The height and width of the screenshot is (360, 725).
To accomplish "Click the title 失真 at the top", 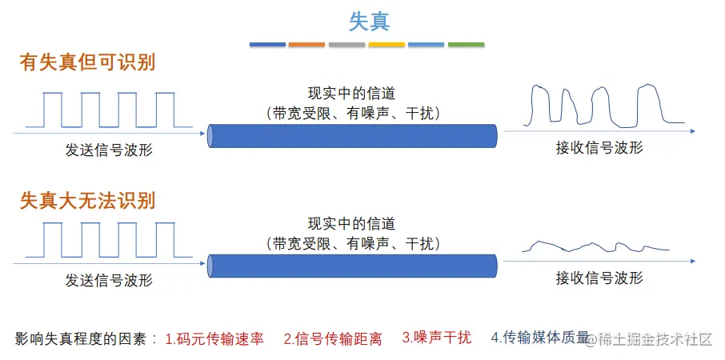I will pyautogui.click(x=369, y=21).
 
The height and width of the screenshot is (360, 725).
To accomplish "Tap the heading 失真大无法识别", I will pyautogui.click(x=88, y=200).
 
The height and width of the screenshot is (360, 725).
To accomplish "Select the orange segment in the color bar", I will pyautogui.click(x=306, y=44).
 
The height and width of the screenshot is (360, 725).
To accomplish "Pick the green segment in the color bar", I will pyautogui.click(x=466, y=44).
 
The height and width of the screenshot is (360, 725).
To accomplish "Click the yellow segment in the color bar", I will pyautogui.click(x=387, y=44).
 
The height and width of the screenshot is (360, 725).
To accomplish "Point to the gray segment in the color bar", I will pyautogui.click(x=346, y=44).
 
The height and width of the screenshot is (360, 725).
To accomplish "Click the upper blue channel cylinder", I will pyautogui.click(x=352, y=136).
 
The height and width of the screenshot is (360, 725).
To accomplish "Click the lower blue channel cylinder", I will pyautogui.click(x=352, y=266).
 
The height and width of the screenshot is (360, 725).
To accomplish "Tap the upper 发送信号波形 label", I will pyautogui.click(x=109, y=150).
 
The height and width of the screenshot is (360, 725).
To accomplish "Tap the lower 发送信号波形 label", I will pyautogui.click(x=109, y=280).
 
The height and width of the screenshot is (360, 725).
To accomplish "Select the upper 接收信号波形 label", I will pyautogui.click(x=599, y=148).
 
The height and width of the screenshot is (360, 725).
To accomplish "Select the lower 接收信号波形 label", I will pyautogui.click(x=599, y=278).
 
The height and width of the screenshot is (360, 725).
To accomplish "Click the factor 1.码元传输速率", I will pyautogui.click(x=214, y=338).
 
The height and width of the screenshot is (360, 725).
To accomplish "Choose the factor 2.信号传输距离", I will pyautogui.click(x=333, y=338).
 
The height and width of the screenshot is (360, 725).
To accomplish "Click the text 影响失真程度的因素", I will pyautogui.click(x=86, y=338).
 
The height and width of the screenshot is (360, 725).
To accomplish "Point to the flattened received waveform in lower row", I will pyautogui.click(x=596, y=246).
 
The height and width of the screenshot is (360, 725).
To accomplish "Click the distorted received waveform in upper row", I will pyautogui.click(x=600, y=104).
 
